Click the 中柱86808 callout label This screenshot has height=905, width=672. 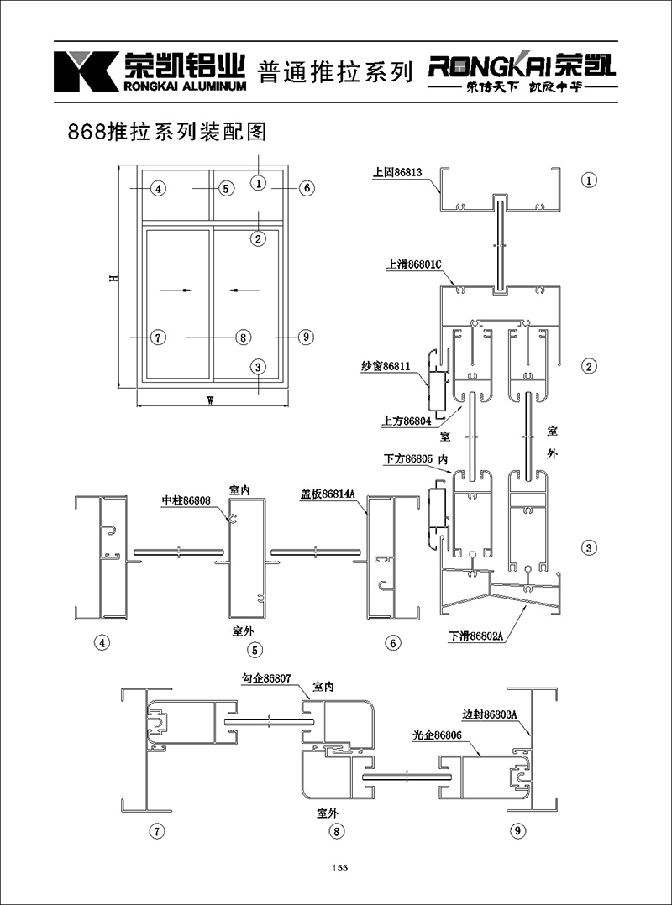(x=186, y=501)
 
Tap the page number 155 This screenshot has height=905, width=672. (x=339, y=867)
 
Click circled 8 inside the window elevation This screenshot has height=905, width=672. (x=242, y=337)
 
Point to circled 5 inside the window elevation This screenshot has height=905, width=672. (x=226, y=188)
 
